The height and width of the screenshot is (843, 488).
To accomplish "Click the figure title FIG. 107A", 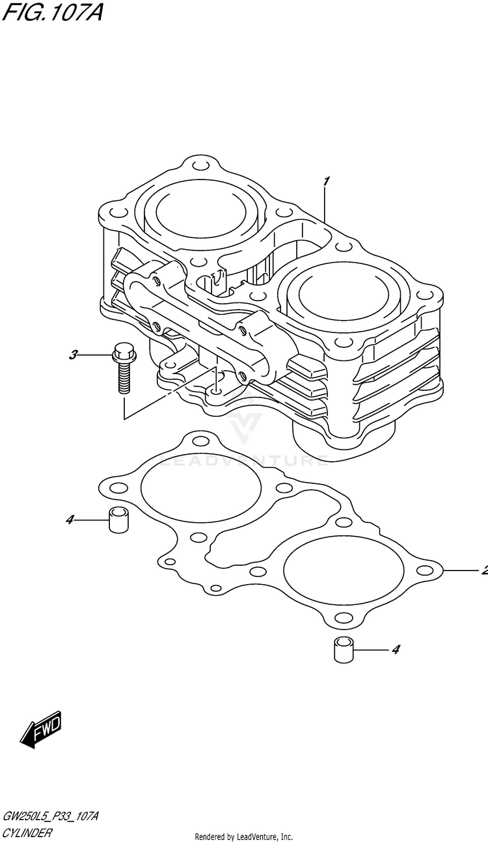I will pos(52,12).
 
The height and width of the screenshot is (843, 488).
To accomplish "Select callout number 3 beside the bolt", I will pos(74,355).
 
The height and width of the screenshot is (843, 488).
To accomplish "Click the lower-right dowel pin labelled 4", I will pos(343,649).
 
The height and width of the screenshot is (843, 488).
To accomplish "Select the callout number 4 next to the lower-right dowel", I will pos(395,649).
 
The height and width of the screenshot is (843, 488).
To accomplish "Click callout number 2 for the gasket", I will pos(483,572).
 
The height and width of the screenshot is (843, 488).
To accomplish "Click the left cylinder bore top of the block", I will pos(202,211).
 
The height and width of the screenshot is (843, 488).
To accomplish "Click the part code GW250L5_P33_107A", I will pos(50,816).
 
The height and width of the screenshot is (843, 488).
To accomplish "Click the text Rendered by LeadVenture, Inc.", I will pos(244,836).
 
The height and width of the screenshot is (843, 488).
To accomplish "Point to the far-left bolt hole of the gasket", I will pos(118,488).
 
